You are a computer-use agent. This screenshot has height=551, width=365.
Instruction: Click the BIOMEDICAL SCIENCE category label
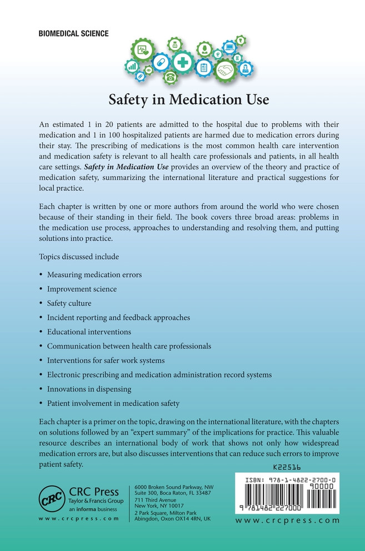[x=73, y=34]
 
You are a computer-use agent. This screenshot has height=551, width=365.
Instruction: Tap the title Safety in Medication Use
[x=188, y=100]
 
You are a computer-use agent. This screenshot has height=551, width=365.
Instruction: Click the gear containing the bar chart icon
[x=132, y=67]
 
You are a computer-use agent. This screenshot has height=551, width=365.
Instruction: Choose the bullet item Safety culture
[x=69, y=303]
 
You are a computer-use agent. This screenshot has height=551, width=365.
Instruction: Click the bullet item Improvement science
[x=82, y=289]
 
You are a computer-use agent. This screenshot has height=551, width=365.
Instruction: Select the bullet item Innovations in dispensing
[x=89, y=389]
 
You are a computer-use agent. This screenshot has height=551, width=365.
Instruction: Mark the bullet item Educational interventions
[x=89, y=332]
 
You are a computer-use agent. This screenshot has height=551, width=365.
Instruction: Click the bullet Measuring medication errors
[x=94, y=274]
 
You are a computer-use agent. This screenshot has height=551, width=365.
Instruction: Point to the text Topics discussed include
[x=78, y=256]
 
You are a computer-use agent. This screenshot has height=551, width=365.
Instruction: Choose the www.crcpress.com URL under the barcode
[x=287, y=520]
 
